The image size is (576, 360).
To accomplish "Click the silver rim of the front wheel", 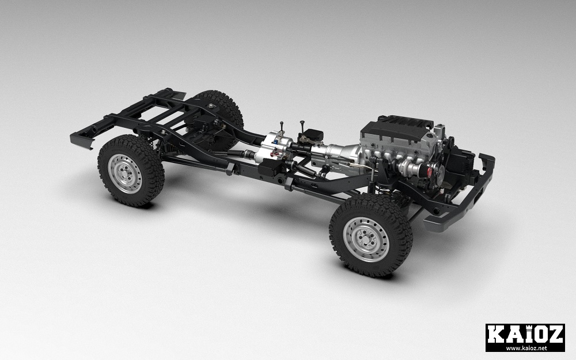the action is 366,239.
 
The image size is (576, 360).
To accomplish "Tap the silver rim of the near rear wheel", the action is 125,173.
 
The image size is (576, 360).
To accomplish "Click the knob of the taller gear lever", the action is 302,122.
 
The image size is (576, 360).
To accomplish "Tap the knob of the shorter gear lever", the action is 282,123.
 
